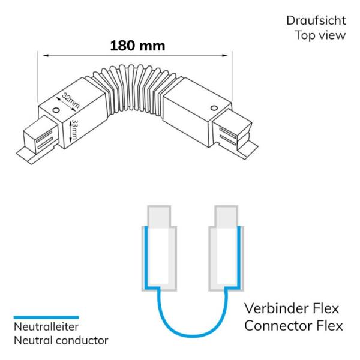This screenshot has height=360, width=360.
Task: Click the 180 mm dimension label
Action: [137, 46]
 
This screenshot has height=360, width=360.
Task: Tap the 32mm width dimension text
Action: [71, 101]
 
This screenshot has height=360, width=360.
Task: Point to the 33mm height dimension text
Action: [74, 130]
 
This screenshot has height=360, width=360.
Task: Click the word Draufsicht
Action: [316, 20]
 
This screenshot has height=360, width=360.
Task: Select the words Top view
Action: [320, 35]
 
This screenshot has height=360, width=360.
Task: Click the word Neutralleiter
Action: [46, 327]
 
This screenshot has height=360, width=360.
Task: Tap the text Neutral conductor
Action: [61, 340]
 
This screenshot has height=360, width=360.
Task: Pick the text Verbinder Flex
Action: [292, 308]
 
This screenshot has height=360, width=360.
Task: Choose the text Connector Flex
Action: [293, 326]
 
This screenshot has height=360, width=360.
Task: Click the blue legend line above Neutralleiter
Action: [46, 317]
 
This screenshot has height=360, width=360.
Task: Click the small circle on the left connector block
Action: [56, 110]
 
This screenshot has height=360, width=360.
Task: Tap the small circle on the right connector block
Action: [214, 108]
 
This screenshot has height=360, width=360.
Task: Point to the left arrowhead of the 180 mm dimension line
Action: [46, 55]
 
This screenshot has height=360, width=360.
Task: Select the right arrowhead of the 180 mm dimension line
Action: [225, 55]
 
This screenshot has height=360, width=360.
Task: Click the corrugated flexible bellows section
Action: [136, 89]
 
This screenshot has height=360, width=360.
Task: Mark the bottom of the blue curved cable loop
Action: [193, 337]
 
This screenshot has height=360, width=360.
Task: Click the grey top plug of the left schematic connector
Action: [159, 216]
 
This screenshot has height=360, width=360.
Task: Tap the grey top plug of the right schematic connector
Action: [226, 216]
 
